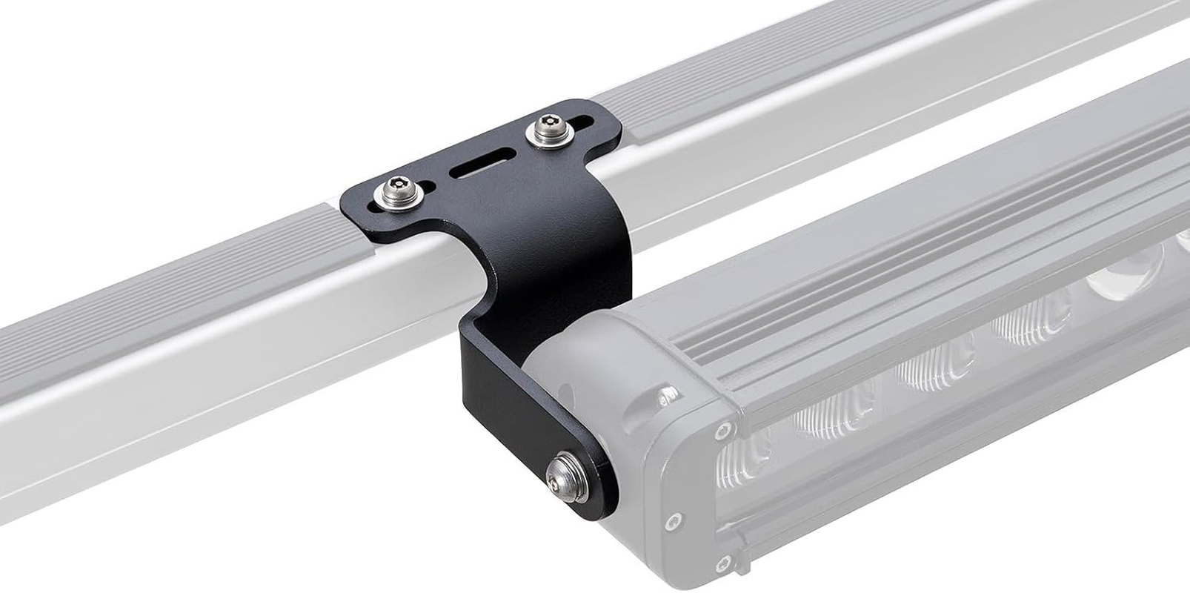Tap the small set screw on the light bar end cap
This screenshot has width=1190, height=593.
tap(671, 390)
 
